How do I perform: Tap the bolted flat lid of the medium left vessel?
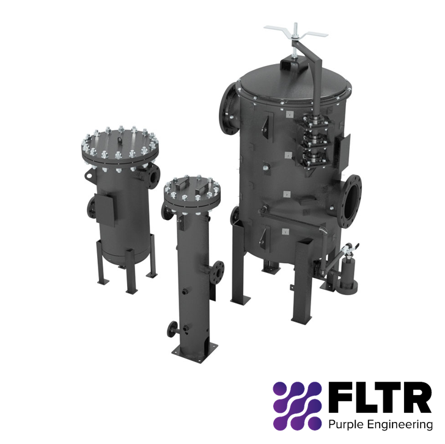click(x=120, y=145)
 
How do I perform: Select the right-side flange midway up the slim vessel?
click(x=219, y=269)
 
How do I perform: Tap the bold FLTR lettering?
click(x=379, y=398)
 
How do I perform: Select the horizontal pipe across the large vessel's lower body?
click(x=287, y=215)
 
